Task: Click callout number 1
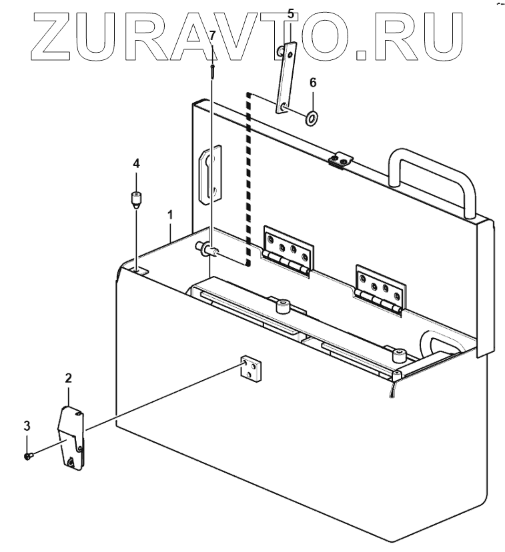point(171,215)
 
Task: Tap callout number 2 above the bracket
point(68,377)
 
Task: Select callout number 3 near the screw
point(27,425)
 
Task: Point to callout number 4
point(136,163)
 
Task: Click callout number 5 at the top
point(290,13)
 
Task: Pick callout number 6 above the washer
point(312,83)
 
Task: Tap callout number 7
point(212,35)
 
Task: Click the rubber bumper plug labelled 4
point(136,199)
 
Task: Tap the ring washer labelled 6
point(312,119)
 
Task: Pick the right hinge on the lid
point(380,288)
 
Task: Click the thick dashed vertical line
point(248,180)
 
